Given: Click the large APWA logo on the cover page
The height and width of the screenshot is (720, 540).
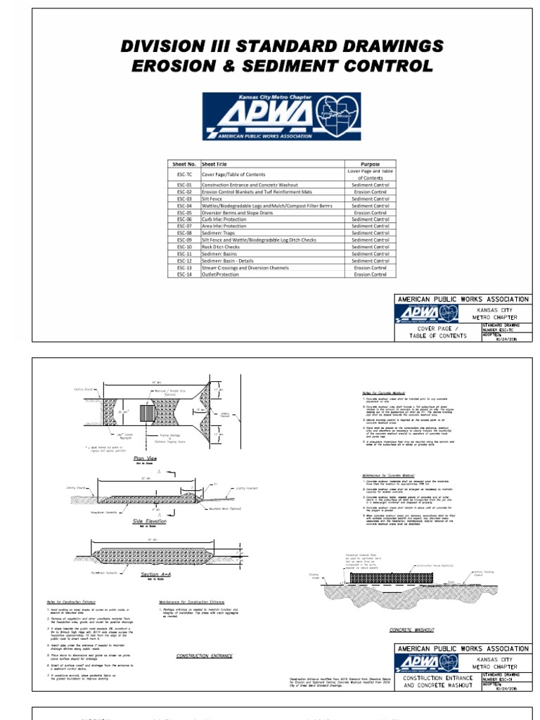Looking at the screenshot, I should point(281,117).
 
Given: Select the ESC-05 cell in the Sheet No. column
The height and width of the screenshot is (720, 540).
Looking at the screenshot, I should point(184,212).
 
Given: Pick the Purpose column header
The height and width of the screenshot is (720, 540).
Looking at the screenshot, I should point(370,164).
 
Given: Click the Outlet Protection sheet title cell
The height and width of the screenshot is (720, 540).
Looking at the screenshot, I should point(220,274).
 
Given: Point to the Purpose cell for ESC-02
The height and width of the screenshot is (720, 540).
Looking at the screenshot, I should point(370,191).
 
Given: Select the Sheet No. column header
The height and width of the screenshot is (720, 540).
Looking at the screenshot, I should point(184,164).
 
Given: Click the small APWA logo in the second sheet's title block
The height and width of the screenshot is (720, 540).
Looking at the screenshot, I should point(427,663).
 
